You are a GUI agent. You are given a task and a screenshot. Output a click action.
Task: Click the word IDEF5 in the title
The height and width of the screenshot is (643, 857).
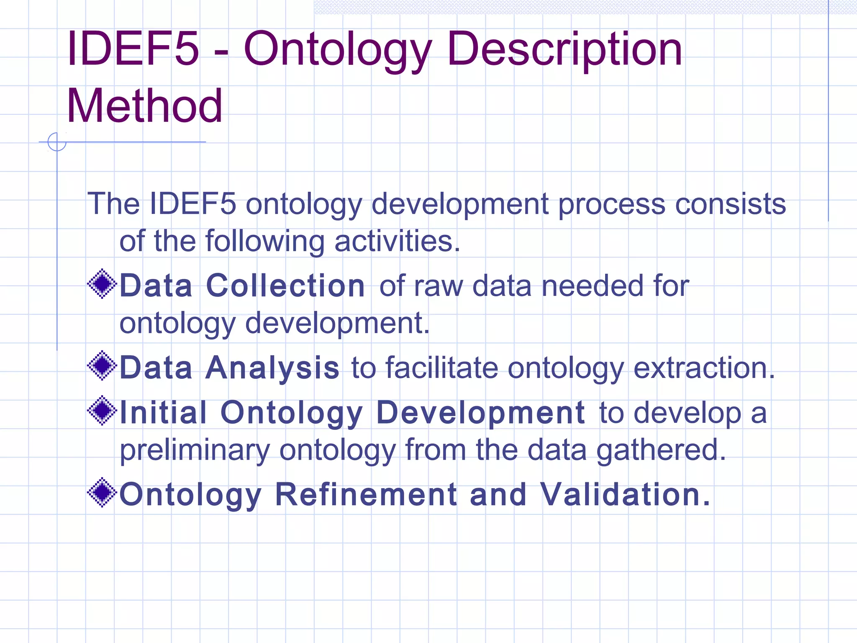coord(133,49)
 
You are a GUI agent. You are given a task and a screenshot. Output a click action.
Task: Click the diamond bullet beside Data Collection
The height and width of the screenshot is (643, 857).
coord(102,284)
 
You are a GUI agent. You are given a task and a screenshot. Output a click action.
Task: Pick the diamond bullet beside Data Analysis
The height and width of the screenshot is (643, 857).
coord(102,366)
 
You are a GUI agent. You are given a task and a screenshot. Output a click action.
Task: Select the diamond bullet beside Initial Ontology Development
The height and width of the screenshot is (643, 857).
coord(102,411)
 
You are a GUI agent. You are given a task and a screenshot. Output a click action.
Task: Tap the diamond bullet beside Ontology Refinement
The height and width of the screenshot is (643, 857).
coord(102,493)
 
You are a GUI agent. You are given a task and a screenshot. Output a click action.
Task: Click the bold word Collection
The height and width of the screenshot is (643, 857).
coord(285,286)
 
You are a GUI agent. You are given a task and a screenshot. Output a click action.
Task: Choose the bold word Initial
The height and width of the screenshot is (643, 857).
coord(163,412)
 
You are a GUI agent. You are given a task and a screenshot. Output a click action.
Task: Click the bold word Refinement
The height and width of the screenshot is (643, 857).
coord(366,495)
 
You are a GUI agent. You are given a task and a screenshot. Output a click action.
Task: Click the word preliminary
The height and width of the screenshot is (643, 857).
coord(195,450)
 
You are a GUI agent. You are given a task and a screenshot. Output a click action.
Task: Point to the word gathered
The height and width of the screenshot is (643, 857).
coord(661,450)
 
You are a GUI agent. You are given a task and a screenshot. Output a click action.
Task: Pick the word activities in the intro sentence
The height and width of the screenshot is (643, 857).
coord(397,242)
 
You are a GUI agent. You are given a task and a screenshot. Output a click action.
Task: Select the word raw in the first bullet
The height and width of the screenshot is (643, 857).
coord(438,286)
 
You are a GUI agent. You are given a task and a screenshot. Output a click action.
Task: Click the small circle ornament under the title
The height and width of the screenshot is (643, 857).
coord(57,142)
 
